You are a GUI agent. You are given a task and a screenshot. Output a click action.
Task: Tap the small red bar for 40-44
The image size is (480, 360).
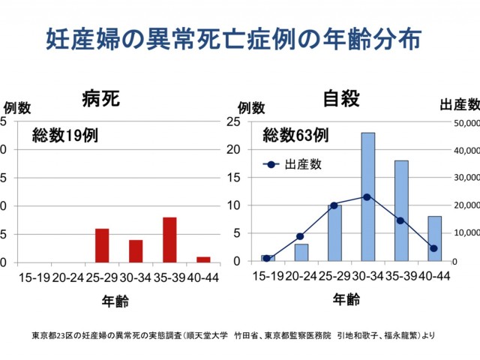coord(202,259)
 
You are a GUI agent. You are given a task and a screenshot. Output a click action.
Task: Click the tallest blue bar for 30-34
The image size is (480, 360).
coord(367,197)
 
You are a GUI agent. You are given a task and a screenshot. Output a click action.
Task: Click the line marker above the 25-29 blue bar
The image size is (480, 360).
coord(334,205)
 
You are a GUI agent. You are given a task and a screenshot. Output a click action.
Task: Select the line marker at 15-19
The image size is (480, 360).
coord(267,258)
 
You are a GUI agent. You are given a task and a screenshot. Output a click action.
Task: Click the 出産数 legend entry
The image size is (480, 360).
coord(296,164)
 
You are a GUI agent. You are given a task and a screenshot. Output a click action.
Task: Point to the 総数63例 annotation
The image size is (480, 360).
coord(295,136)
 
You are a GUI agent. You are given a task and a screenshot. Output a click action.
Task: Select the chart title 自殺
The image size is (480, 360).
coord(341,98)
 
